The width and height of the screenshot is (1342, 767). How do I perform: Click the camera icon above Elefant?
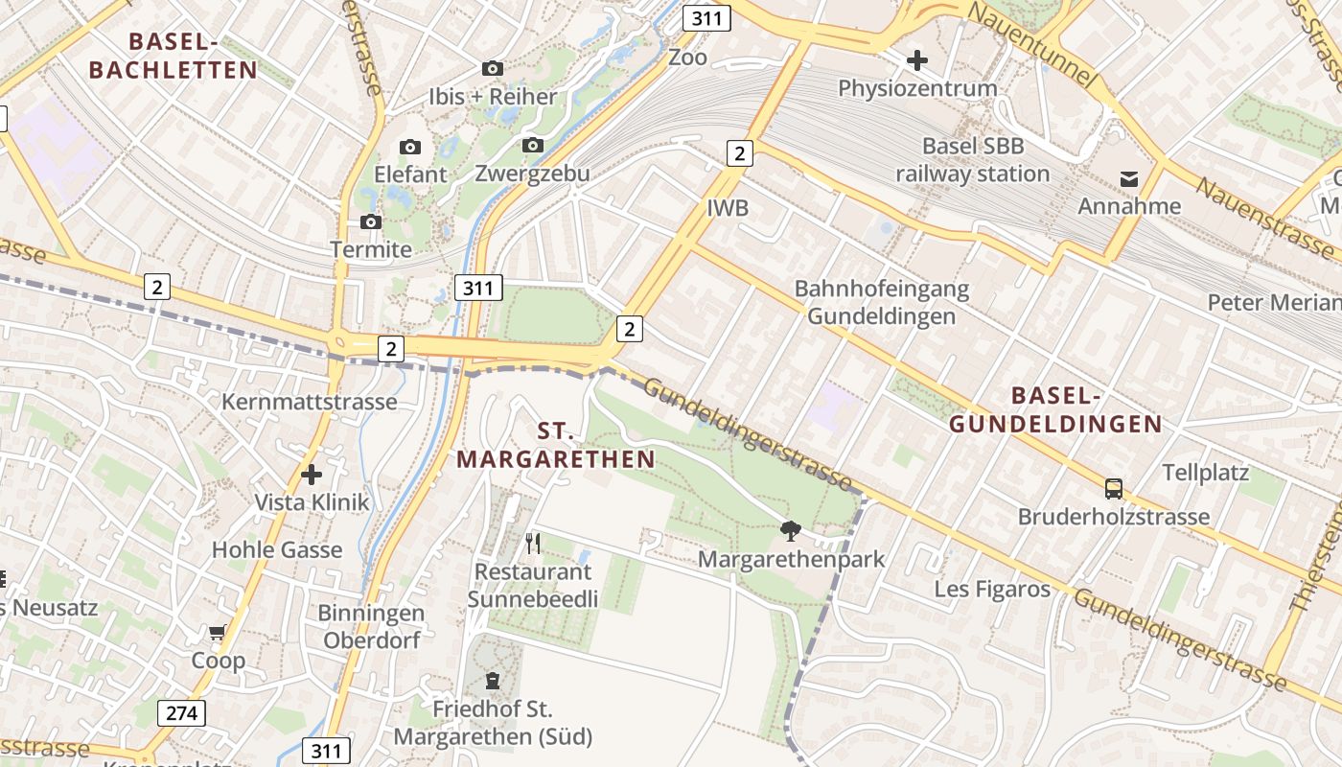coord(410,147)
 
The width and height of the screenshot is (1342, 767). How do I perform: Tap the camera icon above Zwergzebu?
coord(533,146)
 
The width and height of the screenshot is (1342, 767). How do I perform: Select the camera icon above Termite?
coord(371,221)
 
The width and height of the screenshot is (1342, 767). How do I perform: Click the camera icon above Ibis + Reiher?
coord(493,68)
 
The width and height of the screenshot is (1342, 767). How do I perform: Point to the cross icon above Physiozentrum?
coord(917,60)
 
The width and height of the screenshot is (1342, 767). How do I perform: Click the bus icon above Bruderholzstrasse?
coord(1114,489)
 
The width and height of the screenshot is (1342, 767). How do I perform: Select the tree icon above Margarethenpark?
coord(791,530)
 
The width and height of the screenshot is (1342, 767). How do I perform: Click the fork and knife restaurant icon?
coord(533,544)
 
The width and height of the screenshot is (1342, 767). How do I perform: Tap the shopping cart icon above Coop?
coord(218,633)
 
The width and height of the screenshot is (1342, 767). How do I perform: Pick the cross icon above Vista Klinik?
coord(312,474)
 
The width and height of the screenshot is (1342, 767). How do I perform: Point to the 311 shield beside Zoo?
coord(707,17)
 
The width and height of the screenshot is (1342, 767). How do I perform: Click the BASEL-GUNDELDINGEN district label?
coord(1055,409)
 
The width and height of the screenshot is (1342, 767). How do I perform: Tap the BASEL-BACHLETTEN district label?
coord(173,56)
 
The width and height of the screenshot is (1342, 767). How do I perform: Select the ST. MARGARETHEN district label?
coord(556,446)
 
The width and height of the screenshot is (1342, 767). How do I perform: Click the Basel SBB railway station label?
coord(973,160)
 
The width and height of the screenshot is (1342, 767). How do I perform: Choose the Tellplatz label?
coord(1205,473)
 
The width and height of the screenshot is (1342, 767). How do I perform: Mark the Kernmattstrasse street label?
coord(309,402)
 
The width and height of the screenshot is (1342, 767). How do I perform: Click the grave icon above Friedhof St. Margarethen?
coord(493,682)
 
